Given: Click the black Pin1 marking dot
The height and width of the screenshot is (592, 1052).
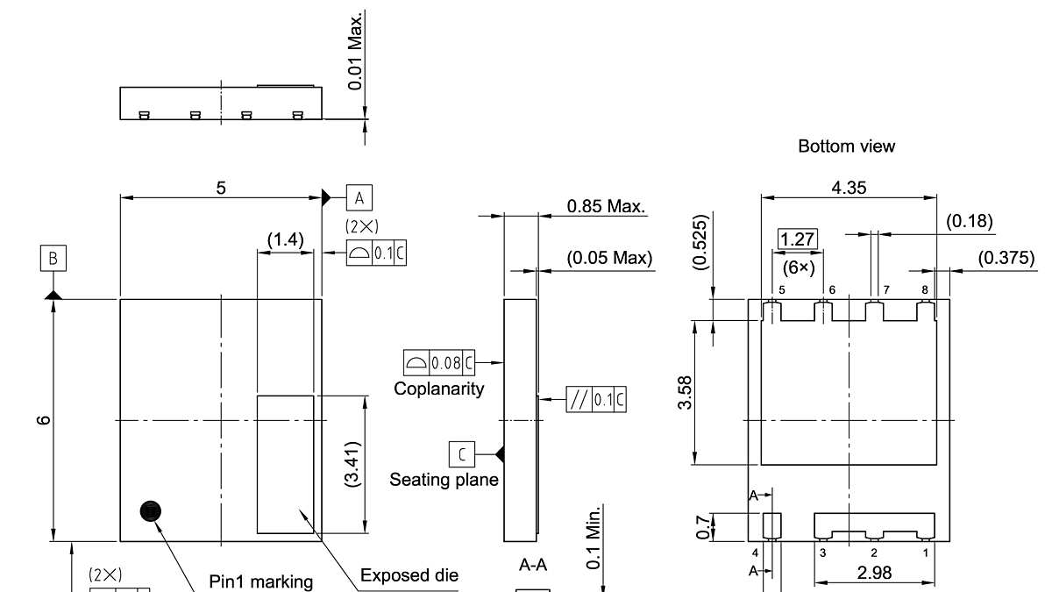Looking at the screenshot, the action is click(x=150, y=511).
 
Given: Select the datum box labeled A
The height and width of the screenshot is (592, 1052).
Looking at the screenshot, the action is click(x=359, y=198).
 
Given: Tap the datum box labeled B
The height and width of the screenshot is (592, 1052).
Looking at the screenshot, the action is click(x=53, y=258).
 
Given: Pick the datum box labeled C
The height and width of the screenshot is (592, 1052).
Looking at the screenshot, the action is click(x=462, y=454).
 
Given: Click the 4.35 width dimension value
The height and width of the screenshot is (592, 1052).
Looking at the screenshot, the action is click(x=849, y=188).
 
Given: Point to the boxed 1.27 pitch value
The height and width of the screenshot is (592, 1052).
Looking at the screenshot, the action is click(x=798, y=239).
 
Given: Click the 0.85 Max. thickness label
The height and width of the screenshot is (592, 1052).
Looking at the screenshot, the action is click(x=606, y=206).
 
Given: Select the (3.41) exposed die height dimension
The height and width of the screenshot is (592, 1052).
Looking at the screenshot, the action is click(x=352, y=464).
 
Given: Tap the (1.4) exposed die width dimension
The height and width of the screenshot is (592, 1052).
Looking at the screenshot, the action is click(x=286, y=239).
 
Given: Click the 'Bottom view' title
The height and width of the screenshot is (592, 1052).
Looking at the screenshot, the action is click(x=846, y=146).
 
